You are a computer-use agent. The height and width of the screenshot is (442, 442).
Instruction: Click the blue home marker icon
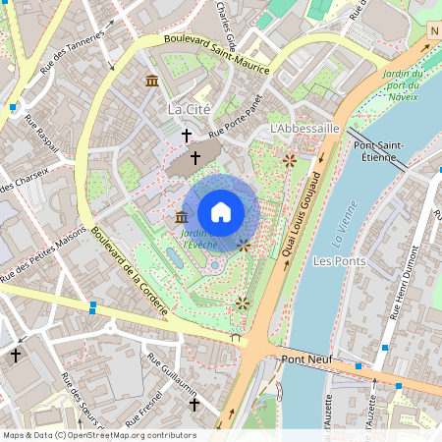(x=221, y=212)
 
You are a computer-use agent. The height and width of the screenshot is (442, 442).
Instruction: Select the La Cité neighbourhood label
(x=190, y=107)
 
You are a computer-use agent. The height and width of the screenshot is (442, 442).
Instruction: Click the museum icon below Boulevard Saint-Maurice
(x=152, y=80)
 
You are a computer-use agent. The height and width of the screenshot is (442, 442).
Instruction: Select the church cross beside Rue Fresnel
(x=193, y=404)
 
